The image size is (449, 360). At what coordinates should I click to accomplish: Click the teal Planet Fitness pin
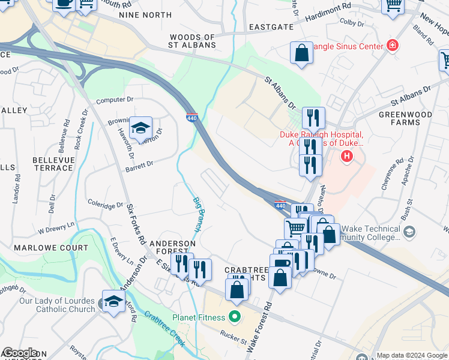[x=234, y=317]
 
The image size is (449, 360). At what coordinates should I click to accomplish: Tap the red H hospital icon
[x=346, y=157]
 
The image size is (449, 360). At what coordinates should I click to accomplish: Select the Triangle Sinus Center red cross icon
[x=393, y=45]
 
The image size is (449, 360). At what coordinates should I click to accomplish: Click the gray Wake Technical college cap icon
[x=409, y=231]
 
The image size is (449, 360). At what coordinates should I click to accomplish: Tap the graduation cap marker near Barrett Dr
[x=140, y=127]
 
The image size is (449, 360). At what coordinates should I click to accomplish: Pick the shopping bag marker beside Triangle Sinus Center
[x=301, y=53]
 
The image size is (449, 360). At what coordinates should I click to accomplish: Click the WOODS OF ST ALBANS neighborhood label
[x=192, y=41]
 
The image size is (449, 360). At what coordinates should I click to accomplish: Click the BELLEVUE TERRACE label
[x=53, y=164]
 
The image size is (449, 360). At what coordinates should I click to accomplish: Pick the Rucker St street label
[x=234, y=336]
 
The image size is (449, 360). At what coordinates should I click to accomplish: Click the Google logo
[x=20, y=353]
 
